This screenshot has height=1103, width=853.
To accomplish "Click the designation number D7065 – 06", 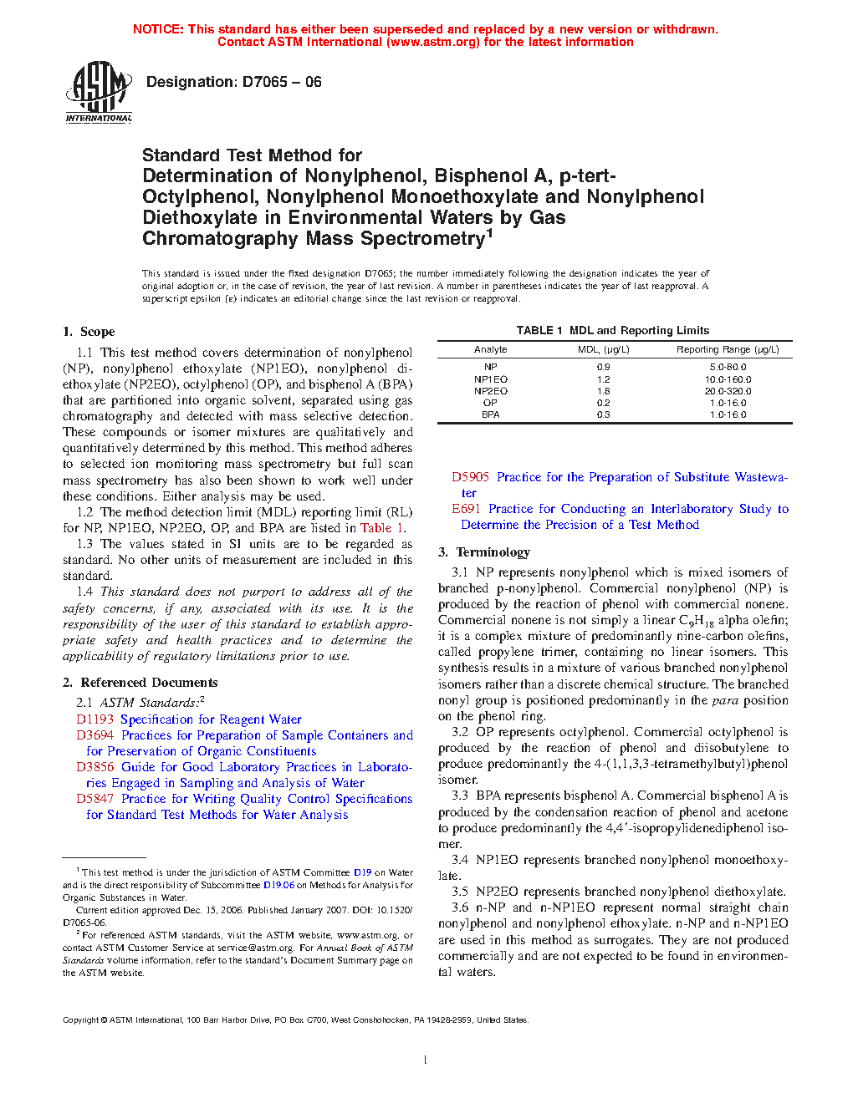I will (x=233, y=82).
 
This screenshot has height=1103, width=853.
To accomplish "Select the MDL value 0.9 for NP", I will (x=603, y=367).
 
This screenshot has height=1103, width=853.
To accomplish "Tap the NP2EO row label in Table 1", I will (x=490, y=391).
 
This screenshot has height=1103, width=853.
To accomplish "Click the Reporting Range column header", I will (x=728, y=349).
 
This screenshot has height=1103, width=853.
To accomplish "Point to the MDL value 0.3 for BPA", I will (x=603, y=414).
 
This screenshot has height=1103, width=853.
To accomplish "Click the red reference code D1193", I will (x=94, y=719).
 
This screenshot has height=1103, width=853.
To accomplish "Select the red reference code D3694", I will (x=94, y=735).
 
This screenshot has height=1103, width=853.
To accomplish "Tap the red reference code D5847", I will (x=94, y=799).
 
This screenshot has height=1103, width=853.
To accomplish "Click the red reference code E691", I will (x=466, y=509).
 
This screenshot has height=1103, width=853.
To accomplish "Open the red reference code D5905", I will (x=470, y=477).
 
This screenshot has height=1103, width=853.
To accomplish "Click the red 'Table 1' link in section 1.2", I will (x=382, y=528).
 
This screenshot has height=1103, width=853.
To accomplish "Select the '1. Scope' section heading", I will (x=89, y=332).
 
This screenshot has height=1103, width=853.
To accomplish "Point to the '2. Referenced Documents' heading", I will (x=140, y=683).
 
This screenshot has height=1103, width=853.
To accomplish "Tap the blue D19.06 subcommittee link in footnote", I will (x=278, y=885).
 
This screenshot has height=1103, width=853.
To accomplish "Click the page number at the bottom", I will (x=426, y=1060).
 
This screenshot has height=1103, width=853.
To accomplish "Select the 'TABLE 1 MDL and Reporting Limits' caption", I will (x=612, y=330).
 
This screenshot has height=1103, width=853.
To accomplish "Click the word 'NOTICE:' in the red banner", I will (x=158, y=29).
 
